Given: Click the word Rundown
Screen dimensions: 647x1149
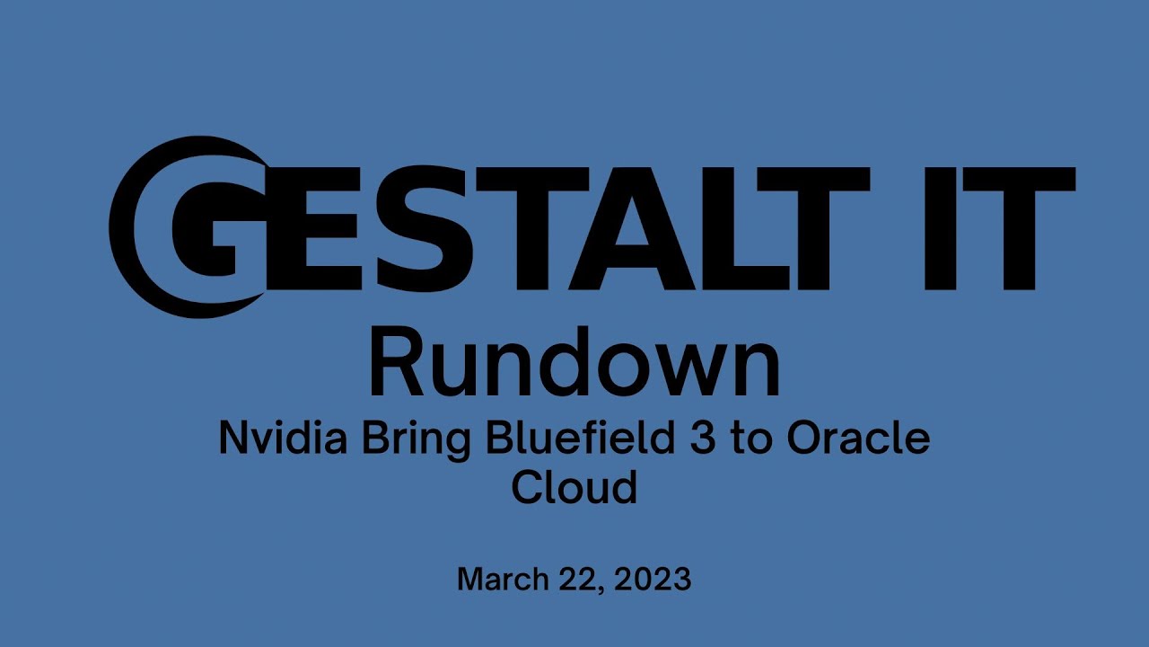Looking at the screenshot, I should click(574, 365).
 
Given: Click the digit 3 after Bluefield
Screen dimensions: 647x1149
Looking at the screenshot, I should click(714, 439).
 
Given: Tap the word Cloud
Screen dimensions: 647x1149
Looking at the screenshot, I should click(574, 488).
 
